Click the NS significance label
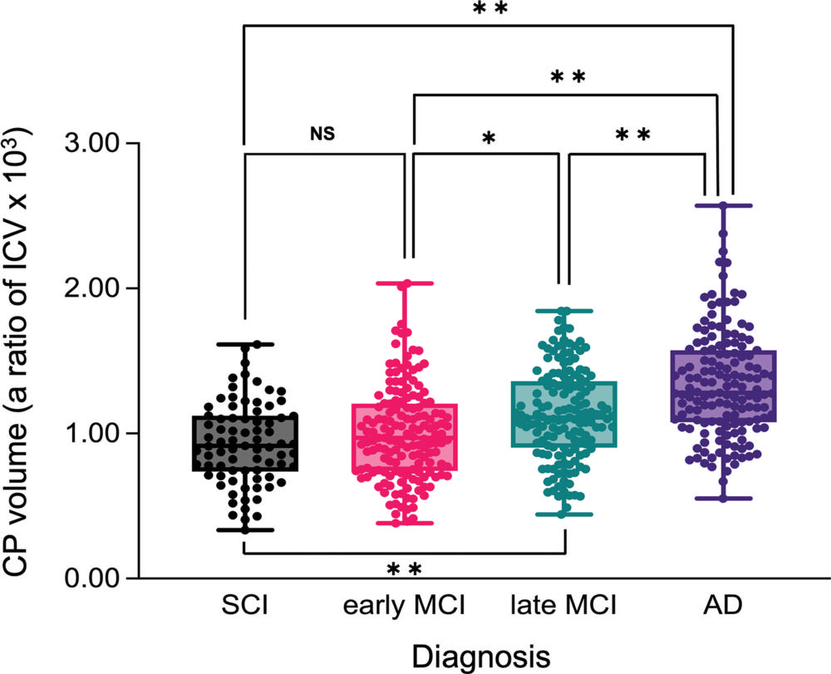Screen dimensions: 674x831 (324, 133)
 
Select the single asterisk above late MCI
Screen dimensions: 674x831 (489, 136)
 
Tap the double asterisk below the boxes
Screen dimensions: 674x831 (405, 569)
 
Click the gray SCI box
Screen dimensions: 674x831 (245, 444)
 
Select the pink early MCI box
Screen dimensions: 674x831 (405, 437)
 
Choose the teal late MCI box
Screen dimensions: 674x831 (564, 414)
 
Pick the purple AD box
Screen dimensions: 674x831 (724, 386)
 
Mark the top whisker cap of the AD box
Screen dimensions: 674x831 (724, 205)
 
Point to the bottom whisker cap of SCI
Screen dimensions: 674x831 (245, 530)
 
